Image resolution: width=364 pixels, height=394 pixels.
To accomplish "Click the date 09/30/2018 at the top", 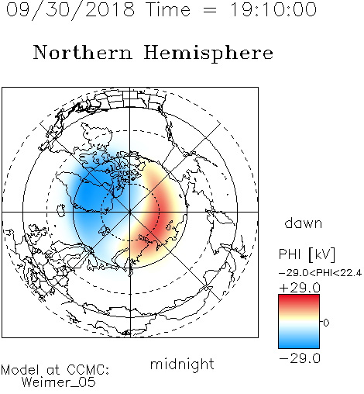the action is point(70,10).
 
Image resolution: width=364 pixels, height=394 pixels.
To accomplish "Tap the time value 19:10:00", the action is point(273,9).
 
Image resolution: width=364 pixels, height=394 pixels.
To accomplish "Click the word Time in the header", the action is point(168,9).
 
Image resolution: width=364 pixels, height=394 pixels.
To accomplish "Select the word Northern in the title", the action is point(83,52).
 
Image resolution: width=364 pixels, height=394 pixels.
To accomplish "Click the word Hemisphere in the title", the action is point(208,54).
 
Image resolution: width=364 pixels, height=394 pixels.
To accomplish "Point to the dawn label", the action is point(304,223).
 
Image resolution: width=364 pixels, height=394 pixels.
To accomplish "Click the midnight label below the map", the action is point(182,365).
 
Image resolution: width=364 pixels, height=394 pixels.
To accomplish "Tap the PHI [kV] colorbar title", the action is point(307,254).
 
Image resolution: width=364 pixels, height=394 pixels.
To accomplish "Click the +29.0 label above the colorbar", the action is point(300,288).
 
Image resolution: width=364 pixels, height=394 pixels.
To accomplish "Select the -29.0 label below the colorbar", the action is point(300,358).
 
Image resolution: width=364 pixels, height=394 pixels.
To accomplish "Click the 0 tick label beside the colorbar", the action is point(326,323).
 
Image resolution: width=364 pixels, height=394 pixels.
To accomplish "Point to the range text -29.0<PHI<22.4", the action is point(320,273).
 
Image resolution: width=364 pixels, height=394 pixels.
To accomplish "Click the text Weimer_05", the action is point(59,382).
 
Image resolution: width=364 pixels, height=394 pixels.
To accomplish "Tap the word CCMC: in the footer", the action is point(88,370).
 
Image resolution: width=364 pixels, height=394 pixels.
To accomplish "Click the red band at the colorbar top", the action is point(299,300).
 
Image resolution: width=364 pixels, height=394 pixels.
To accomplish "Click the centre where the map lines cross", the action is point(130,212).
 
